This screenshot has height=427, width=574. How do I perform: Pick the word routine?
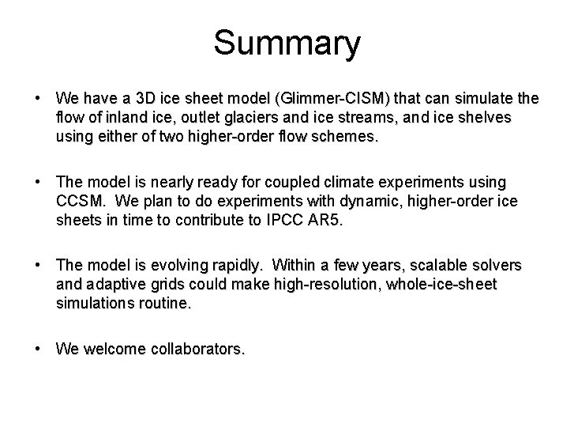click(163, 302)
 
